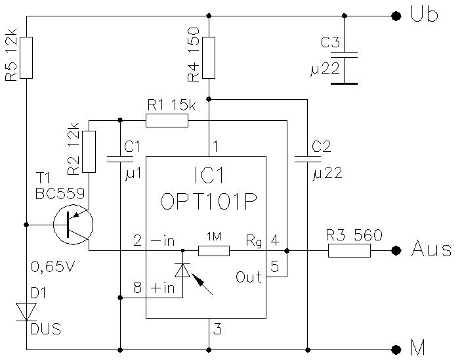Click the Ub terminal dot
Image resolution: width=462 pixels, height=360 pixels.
[395, 16]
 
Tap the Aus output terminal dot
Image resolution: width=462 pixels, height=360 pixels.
[395, 250]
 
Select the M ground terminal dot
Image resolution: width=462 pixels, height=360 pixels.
[395, 349]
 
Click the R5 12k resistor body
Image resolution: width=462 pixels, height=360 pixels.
[26, 58]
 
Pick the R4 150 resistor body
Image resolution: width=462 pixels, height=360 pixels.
[209, 58]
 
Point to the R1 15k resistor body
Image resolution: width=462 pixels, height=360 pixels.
[167, 120]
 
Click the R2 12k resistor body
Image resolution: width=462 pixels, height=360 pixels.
[89, 152]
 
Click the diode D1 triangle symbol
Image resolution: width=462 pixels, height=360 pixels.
[26, 312]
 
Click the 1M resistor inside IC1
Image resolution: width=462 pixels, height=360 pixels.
[214, 250]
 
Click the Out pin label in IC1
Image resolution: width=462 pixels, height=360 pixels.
[248, 277]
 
